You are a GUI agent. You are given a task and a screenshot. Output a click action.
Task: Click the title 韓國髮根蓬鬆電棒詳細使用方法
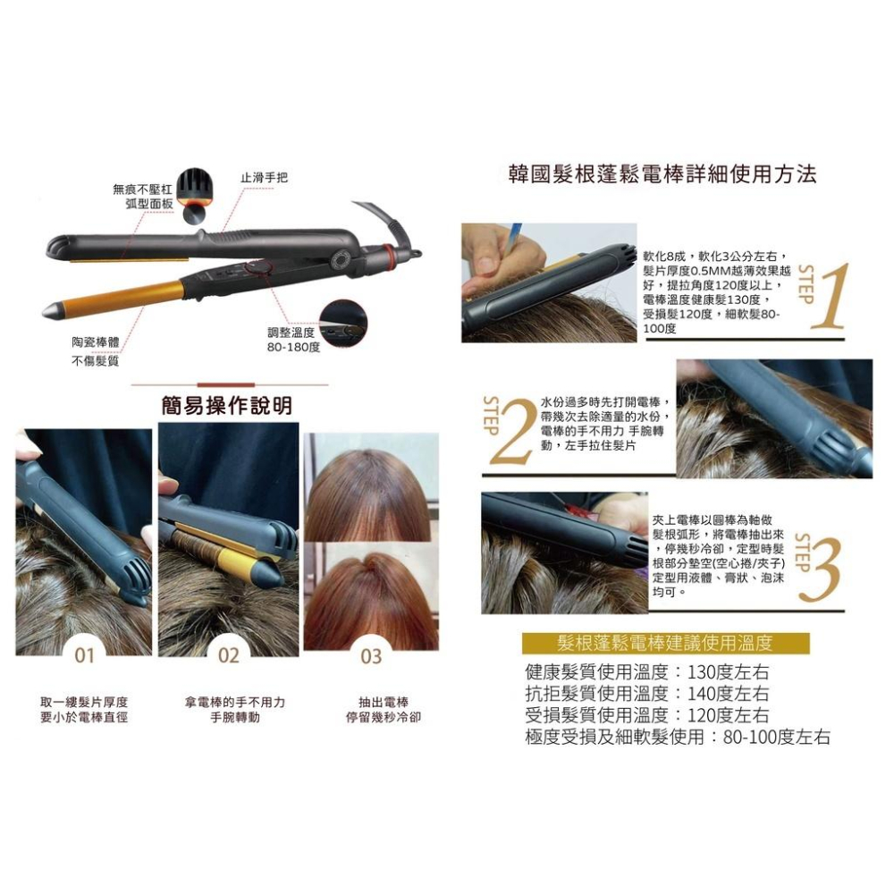click(x=661, y=173)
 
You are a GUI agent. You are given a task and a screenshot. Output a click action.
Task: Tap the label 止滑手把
click(x=264, y=177)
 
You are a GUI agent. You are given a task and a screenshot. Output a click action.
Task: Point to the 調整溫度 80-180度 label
click(x=292, y=338)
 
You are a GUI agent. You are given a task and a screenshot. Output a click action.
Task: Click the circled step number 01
click(x=84, y=656)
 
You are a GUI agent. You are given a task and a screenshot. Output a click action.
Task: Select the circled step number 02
click(x=229, y=656)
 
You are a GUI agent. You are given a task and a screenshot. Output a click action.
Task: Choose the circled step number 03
click(x=371, y=657)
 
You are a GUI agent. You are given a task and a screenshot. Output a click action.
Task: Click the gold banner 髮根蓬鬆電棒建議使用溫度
click(x=664, y=643)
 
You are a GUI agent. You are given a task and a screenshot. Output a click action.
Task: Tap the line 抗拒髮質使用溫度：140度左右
click(x=647, y=694)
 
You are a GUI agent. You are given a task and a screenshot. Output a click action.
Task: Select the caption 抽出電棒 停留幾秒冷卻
click(x=383, y=710)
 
